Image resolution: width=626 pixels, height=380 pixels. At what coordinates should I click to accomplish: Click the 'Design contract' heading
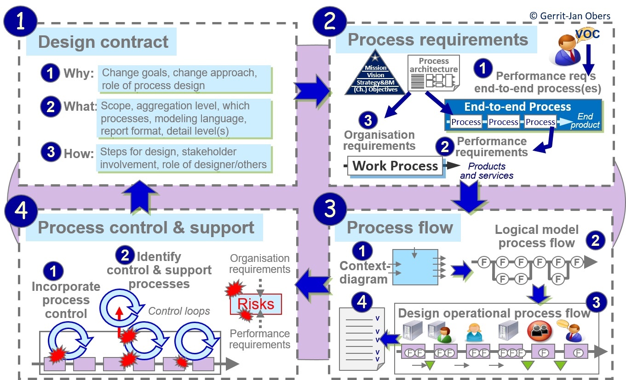(103, 42)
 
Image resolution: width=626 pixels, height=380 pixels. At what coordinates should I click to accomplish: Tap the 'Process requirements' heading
(437, 40)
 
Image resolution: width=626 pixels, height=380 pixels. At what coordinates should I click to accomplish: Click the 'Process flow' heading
(399, 228)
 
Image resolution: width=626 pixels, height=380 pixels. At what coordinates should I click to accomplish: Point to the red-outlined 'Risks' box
(255, 304)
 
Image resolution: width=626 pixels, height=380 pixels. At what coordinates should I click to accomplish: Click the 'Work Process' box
(395, 166)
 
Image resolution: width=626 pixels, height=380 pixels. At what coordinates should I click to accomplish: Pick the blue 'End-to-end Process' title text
(517, 107)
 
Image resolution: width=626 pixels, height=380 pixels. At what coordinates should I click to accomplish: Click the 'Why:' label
(79, 73)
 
